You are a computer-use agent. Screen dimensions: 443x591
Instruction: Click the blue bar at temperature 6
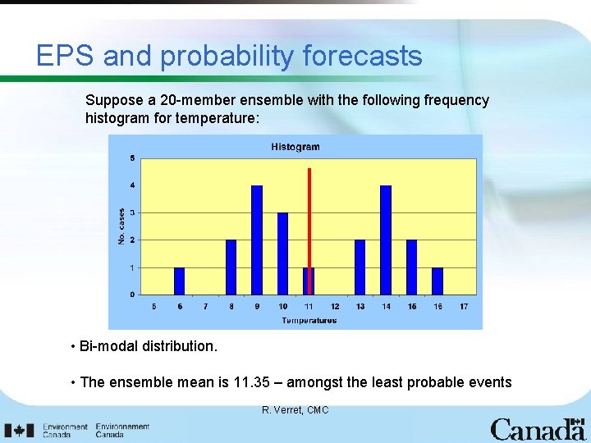pyautogui.click(x=180, y=281)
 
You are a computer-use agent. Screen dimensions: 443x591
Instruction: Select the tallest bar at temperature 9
pyautogui.click(x=257, y=240)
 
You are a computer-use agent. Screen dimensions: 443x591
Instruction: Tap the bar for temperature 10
pyautogui.click(x=282, y=253)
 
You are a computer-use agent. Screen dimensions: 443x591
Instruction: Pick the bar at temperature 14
pyautogui.click(x=386, y=240)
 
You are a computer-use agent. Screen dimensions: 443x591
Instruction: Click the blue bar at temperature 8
pyautogui.click(x=231, y=267)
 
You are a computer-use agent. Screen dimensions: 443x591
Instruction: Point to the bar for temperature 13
pyautogui.click(x=360, y=267)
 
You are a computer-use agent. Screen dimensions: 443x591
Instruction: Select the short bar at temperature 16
pyautogui.click(x=438, y=281)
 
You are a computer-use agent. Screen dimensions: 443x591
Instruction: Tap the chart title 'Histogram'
pyautogui.click(x=295, y=147)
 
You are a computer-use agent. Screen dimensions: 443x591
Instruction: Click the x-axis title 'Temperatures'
pyautogui.click(x=309, y=321)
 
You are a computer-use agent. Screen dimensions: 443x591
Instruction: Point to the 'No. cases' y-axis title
pyautogui.click(x=121, y=226)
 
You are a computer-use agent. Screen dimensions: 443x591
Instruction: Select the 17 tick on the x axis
pyautogui.click(x=464, y=307)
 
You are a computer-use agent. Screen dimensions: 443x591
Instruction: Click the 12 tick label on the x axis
pyautogui.click(x=335, y=307)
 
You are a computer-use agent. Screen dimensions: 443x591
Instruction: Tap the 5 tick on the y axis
pyautogui.click(x=133, y=158)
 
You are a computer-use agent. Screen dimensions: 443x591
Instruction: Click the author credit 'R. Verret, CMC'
pyautogui.click(x=295, y=409)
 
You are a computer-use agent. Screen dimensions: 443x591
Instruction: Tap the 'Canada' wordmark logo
pyautogui.click(x=538, y=429)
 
